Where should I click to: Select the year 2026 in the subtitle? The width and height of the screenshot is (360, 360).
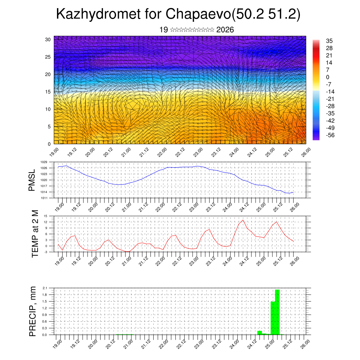225,30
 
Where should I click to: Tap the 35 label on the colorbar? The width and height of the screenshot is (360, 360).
329,41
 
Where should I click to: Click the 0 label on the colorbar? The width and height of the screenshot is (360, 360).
328,77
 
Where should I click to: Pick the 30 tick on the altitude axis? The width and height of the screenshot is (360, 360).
48,39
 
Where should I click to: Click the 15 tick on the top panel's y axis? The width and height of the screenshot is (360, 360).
48,92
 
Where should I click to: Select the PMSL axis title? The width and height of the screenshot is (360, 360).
32,180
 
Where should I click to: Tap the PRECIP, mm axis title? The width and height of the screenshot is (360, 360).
33,311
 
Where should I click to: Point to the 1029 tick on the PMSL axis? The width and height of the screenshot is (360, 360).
44,162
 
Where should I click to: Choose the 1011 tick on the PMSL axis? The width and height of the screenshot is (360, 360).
44,198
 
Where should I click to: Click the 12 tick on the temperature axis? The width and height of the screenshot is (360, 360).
46,222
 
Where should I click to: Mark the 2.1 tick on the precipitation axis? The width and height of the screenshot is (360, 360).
45,288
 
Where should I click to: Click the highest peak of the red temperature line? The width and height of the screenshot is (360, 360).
243,220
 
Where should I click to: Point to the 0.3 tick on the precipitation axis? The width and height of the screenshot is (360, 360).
45,328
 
